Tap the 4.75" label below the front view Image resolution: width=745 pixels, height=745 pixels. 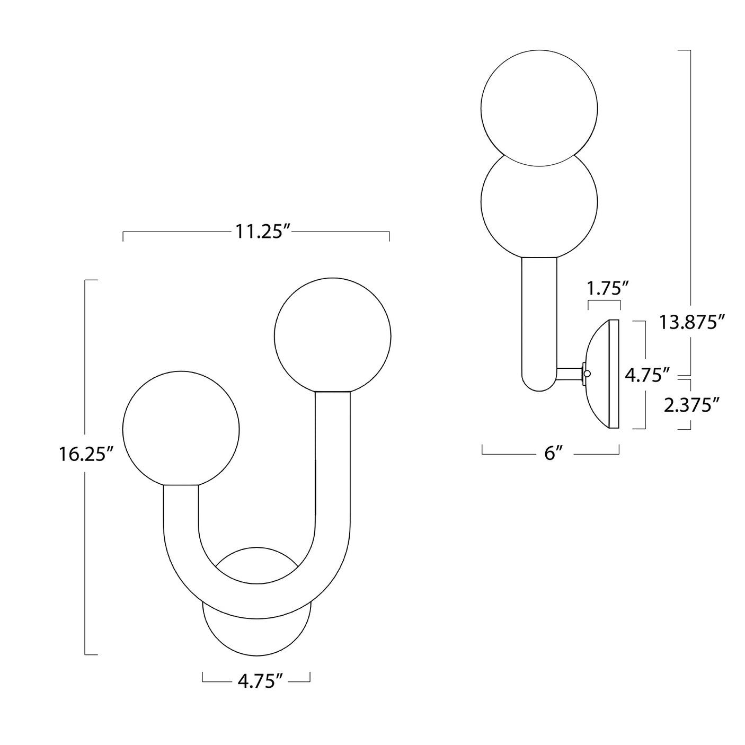click(x=256, y=680)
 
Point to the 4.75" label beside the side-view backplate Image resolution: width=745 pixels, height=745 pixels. click(x=643, y=375)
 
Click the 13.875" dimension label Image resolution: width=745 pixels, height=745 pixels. click(x=691, y=322)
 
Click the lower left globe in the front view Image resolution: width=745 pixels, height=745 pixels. click(x=181, y=428)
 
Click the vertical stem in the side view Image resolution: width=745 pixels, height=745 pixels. click(x=539, y=318)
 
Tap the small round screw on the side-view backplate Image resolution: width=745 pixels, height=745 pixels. click(x=587, y=373)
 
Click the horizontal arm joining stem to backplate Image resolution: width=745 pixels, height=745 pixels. click(x=569, y=374)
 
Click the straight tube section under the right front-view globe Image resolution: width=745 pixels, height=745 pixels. click(x=332, y=450)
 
